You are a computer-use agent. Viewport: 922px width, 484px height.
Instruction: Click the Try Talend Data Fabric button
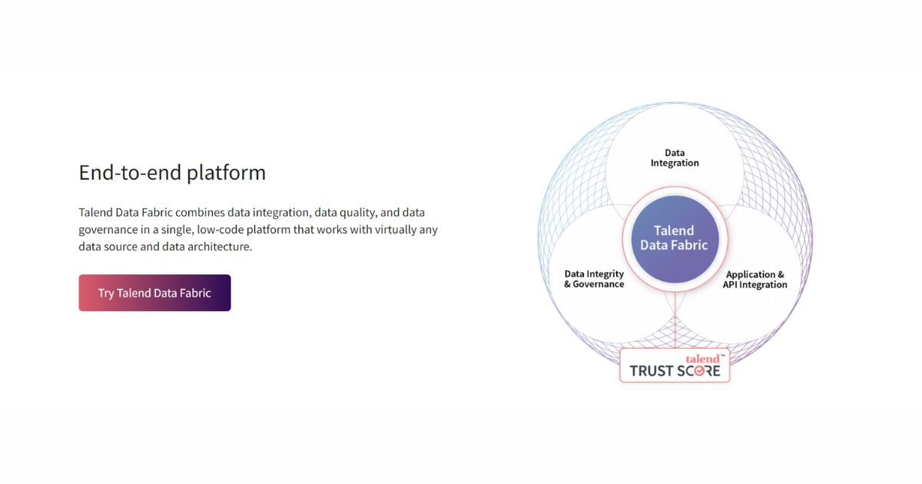[154, 293]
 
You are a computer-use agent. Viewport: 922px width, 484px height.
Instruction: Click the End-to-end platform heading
[172, 172]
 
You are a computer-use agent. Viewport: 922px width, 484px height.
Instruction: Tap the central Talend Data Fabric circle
[674, 237]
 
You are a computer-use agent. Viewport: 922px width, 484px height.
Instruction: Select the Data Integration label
[675, 157]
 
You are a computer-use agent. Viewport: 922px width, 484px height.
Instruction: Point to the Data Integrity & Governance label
[594, 279]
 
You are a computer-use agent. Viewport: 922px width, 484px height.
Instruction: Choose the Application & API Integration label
[755, 280]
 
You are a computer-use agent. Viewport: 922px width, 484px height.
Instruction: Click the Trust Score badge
[675, 366]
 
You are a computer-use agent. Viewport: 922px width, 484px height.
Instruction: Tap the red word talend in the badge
[703, 359]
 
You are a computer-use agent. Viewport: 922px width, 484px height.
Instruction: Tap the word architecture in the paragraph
[218, 247]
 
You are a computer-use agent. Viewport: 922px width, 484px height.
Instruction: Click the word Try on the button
[106, 293]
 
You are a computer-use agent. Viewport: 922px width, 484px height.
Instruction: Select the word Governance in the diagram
[599, 284]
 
